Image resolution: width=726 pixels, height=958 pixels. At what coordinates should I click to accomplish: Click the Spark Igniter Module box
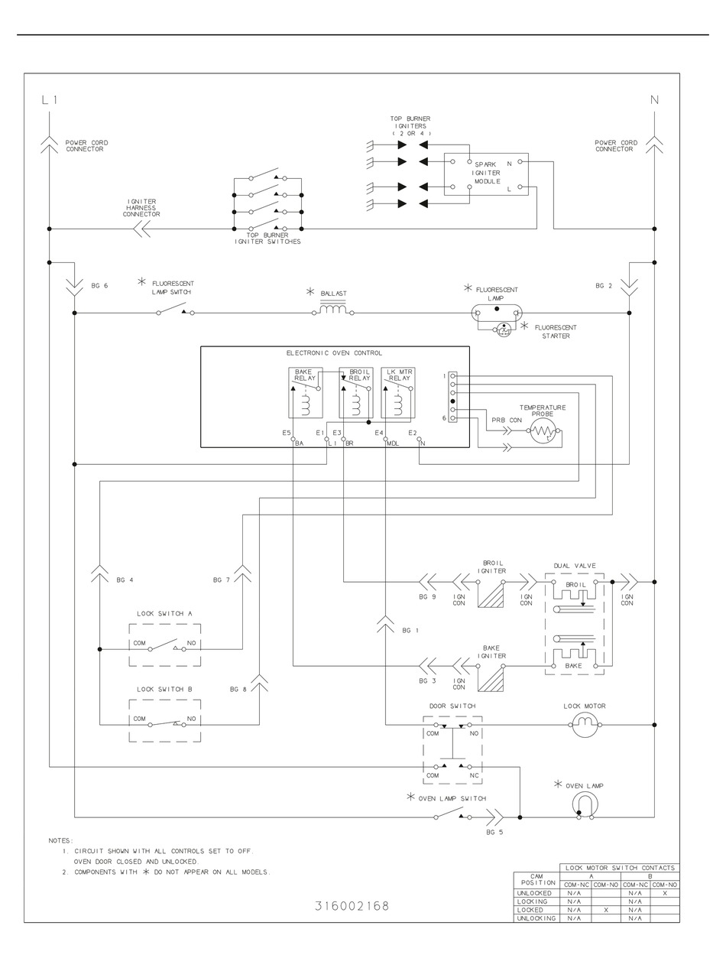tap(486, 174)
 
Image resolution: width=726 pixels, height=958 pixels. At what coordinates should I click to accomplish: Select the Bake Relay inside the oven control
tap(304, 392)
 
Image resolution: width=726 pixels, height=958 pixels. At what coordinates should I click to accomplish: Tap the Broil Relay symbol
tap(355, 392)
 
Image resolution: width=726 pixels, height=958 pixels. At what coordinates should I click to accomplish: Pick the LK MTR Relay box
tap(397, 392)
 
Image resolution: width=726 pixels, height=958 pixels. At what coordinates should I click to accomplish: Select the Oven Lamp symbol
tap(585, 804)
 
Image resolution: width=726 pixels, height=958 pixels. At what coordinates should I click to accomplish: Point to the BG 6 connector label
tap(99, 286)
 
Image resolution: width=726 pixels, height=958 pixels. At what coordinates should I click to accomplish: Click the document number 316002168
tap(352, 906)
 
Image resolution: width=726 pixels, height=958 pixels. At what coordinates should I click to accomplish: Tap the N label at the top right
tap(654, 100)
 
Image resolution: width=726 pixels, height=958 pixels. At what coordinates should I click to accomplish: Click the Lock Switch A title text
tap(164, 613)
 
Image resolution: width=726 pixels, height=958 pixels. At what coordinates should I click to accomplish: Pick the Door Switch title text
tap(452, 706)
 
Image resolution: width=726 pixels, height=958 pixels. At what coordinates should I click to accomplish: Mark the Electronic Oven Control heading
tap(334, 353)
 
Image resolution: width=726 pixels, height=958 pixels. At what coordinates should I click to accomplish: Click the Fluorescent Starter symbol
tap(504, 330)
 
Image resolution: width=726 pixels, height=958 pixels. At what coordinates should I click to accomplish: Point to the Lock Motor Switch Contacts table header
tap(620, 868)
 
